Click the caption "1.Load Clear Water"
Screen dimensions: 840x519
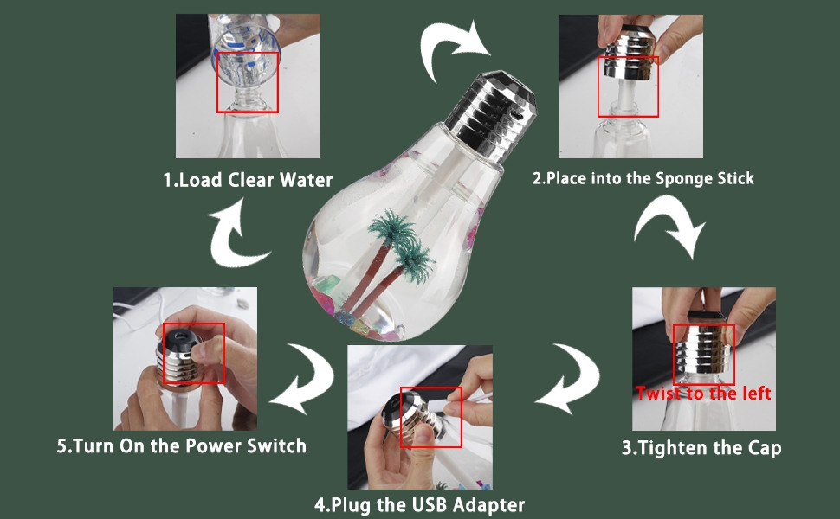[248, 180]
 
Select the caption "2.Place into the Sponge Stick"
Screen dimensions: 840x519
[643, 178]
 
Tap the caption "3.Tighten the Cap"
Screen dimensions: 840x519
[701, 447]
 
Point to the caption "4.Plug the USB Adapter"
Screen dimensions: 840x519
[419, 504]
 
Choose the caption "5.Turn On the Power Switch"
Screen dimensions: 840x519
[182, 445]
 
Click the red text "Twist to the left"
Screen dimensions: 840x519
[703, 394]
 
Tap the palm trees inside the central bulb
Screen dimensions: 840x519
[394, 259]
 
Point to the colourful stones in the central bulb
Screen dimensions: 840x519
[343, 305]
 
